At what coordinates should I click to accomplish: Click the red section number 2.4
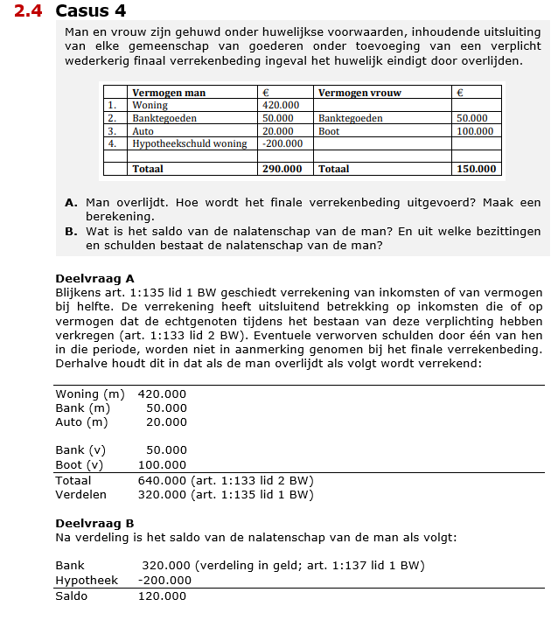point(31,11)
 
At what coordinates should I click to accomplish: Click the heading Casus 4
point(90,11)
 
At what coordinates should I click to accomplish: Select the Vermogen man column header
point(169,92)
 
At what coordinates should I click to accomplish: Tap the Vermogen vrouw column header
point(355,92)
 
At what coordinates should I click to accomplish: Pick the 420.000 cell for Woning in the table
point(281,105)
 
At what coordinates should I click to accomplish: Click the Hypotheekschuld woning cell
point(189,143)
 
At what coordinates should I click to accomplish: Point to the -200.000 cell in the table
point(282,143)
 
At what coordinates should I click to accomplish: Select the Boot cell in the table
point(330,130)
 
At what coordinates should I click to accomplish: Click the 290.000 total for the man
point(282,169)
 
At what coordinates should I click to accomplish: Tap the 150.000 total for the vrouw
point(476,169)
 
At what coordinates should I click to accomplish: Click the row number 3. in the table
point(112,130)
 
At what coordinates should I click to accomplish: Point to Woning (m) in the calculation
point(89,394)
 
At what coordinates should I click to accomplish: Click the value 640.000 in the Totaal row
point(162,480)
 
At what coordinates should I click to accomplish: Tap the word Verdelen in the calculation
point(80,494)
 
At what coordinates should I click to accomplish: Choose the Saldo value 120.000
point(162,596)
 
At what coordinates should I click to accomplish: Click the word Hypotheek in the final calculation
point(86,580)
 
